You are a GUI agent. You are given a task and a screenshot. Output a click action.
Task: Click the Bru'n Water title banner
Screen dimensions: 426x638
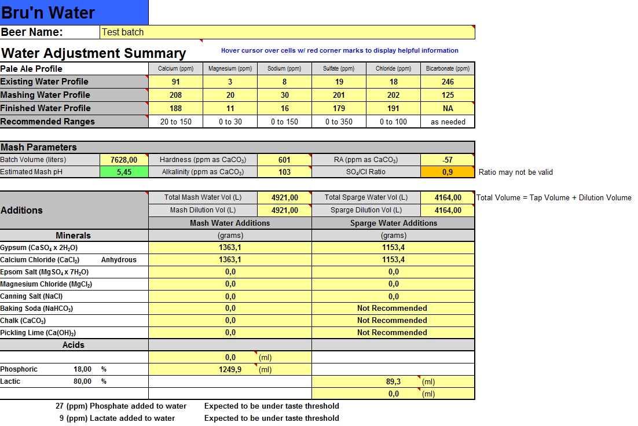[x=74, y=12]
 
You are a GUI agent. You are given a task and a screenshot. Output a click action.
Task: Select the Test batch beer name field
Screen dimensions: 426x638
[x=288, y=32]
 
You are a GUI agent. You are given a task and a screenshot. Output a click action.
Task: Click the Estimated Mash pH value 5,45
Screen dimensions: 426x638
[x=123, y=172]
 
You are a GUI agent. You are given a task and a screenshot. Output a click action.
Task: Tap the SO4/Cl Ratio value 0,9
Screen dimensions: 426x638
[x=448, y=172]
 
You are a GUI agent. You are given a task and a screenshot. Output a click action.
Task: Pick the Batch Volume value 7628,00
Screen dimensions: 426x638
[x=123, y=160]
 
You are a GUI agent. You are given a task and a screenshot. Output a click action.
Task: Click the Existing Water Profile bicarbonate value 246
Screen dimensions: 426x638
[x=448, y=82]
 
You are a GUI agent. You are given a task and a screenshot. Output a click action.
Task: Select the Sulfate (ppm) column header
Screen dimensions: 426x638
[x=339, y=69]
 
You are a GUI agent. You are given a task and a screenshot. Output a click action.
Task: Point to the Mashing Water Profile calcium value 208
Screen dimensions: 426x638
[x=175, y=95]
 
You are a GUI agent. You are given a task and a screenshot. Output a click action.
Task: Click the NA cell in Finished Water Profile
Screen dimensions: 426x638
[x=448, y=108]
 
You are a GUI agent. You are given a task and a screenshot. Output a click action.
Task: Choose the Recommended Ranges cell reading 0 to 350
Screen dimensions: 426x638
[x=339, y=122]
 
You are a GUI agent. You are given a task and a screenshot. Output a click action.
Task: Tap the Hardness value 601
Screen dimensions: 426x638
[x=284, y=160]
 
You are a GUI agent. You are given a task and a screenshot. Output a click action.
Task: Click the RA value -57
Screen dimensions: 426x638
[x=448, y=160]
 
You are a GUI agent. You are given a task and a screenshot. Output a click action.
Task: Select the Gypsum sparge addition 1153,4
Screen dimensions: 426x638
[x=393, y=248]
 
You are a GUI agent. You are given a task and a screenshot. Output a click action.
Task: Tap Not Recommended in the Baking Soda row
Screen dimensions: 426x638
[x=392, y=309]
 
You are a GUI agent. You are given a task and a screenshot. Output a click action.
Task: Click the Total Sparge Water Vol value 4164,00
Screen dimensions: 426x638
[x=448, y=198]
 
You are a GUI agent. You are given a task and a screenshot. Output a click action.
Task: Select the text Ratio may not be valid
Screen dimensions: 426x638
[x=516, y=172]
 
